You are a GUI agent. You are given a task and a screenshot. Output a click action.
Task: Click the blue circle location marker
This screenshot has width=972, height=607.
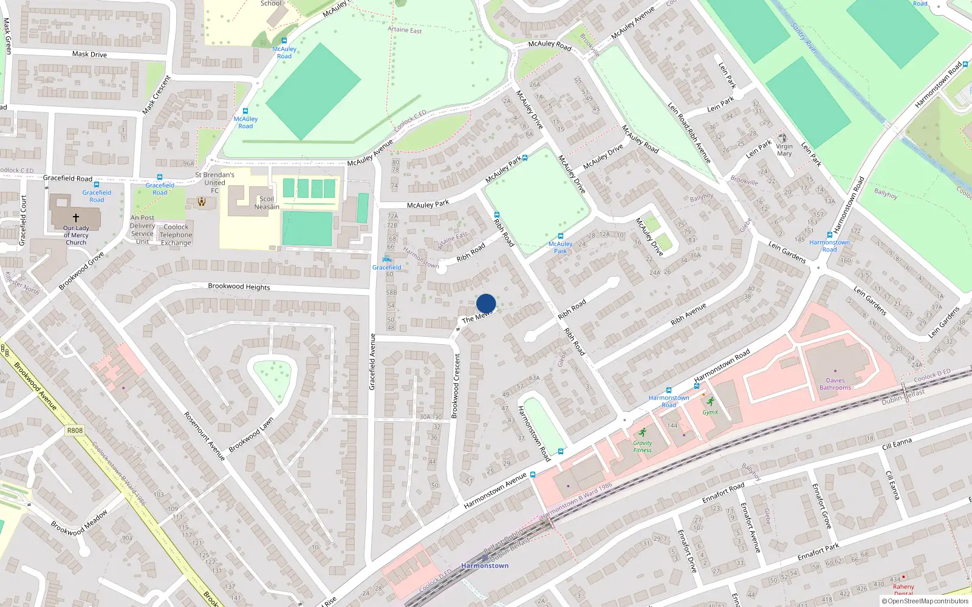pos(486,303)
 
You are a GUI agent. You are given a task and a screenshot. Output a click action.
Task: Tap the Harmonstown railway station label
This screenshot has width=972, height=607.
pos(485,566)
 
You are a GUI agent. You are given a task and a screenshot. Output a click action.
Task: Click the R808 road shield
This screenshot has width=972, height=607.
pos(75,430)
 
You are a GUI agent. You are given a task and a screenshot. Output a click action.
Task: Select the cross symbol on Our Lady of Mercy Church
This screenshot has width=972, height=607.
pos(76,217)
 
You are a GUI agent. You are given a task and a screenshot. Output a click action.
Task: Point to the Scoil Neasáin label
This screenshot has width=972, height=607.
pos(267,203)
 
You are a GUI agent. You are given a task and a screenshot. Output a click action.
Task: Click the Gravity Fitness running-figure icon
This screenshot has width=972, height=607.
pos(642,433)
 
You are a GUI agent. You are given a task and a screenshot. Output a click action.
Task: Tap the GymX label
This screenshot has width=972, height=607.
pos(710,412)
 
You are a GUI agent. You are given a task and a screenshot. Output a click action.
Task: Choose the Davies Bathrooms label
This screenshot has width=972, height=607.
pos(835,384)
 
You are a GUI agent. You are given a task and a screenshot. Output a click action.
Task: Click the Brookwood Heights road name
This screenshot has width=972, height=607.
pos(239,287)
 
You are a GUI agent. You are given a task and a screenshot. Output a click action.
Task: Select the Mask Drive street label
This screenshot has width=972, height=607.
pos(89,54)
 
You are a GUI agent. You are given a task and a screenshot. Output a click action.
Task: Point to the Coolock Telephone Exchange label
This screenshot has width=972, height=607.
pos(176,235)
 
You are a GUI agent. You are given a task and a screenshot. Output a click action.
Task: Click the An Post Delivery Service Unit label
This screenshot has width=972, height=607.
pos(142,229)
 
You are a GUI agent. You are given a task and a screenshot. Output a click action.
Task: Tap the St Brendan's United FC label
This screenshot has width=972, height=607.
pos(214,182)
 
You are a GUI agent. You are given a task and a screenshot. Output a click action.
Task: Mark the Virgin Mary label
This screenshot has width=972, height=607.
pos(784,149)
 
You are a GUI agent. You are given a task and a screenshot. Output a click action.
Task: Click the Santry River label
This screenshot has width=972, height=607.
pos(805,39)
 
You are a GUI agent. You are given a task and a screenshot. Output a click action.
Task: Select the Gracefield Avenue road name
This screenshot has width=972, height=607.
pos(373,361)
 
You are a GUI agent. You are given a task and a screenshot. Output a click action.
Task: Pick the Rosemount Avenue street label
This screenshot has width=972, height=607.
pos(205,436)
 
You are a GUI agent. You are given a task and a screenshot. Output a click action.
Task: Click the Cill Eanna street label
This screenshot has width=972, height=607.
pos(897,444)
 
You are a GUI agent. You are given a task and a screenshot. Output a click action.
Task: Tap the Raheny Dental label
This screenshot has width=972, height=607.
pos(903,589)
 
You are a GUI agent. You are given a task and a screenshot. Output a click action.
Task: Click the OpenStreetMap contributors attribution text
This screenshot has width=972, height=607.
pos(928,602)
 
